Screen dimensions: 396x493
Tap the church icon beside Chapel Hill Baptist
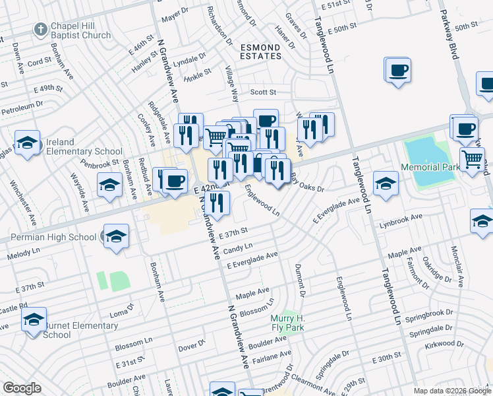coord(42,30)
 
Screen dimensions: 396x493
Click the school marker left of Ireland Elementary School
coord(27,143)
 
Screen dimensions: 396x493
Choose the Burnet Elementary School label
coord(80,330)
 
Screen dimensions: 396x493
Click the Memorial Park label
coord(432,168)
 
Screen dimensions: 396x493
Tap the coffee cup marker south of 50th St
coord(398,70)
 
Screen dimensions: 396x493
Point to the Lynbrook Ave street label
coord(401,217)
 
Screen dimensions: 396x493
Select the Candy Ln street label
coord(238,248)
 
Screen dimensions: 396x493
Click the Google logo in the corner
coord(22,388)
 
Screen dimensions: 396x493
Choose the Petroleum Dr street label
coord(22,104)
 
